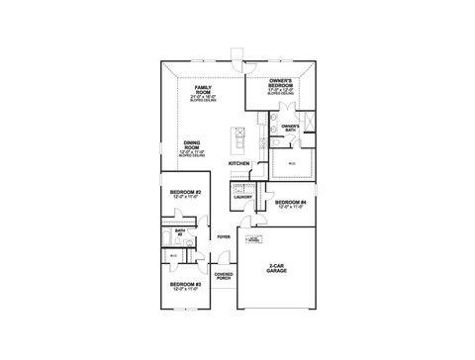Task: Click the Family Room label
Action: pos(204,89)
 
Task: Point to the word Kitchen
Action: pos(238,162)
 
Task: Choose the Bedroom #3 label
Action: pos(185,284)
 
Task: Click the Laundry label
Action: pos(243,197)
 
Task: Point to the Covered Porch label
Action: pos(224,276)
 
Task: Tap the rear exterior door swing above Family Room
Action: pos(235,54)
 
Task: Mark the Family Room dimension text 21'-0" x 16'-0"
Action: pos(204,97)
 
